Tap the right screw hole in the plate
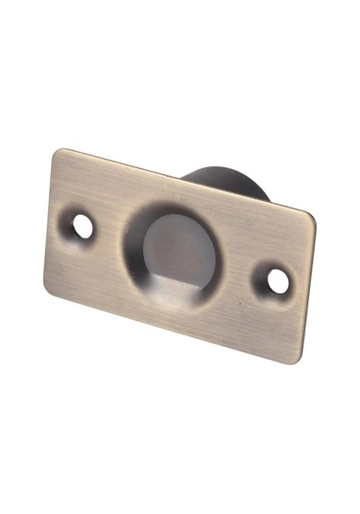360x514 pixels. tap(276, 281)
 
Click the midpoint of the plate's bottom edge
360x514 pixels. tap(173, 328)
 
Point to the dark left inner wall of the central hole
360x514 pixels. tap(137, 245)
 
